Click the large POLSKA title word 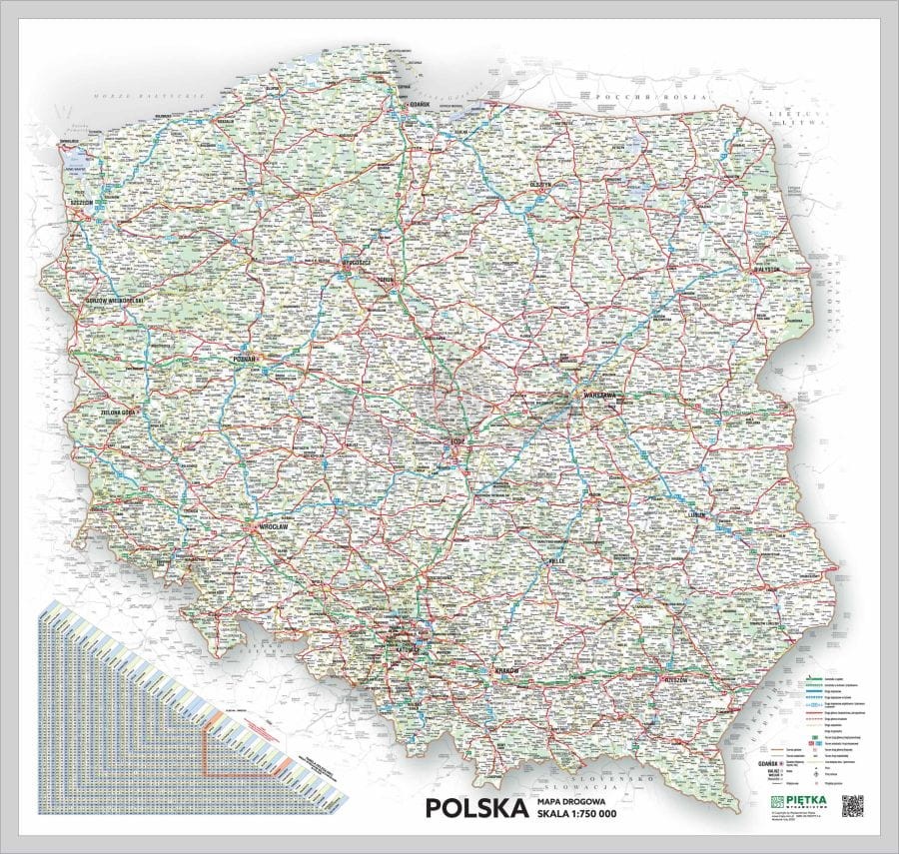point(475,806)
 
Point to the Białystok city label point(765,269)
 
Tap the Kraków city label point(508,671)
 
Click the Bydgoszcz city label point(357,262)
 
